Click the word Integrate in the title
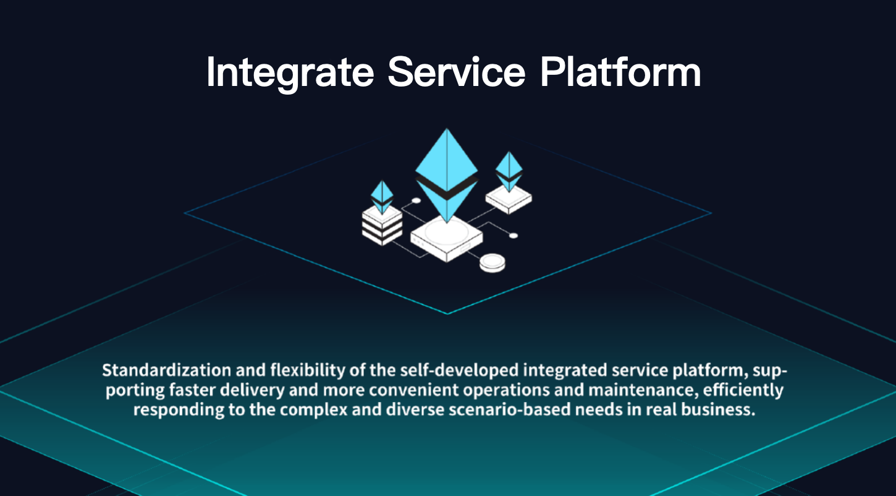(290, 73)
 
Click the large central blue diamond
(447, 176)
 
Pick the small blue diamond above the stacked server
(382, 197)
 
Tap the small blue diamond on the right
(509, 171)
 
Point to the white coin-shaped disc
(492, 263)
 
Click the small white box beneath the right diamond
(509, 199)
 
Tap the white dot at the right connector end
(514, 236)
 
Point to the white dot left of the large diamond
(416, 200)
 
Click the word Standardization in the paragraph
(167, 370)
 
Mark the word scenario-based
(510, 410)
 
